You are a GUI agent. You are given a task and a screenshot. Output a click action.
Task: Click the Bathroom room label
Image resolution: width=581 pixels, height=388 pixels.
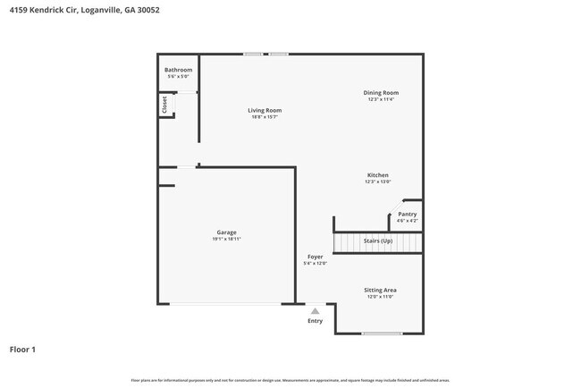click(x=178, y=70)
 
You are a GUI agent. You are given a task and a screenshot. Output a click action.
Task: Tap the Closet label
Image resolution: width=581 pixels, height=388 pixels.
click(x=164, y=105)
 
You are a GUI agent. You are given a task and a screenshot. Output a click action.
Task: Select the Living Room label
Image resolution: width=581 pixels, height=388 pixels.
click(x=265, y=110)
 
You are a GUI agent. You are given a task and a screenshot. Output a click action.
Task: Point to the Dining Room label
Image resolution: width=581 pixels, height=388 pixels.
click(x=381, y=92)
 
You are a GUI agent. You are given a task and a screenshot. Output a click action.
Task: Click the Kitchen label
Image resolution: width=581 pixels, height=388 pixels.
click(x=377, y=175)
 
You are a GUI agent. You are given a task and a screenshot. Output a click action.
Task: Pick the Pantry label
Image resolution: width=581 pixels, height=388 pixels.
click(x=407, y=214)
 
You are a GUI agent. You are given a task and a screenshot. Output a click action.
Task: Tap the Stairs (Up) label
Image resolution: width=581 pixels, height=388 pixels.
click(x=377, y=240)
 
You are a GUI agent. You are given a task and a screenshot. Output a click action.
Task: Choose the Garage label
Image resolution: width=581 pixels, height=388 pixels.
click(x=226, y=232)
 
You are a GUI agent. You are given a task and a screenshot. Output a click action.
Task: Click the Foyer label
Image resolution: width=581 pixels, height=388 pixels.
click(x=316, y=257)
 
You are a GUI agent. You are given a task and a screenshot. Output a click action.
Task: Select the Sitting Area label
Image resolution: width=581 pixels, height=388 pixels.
click(x=380, y=290)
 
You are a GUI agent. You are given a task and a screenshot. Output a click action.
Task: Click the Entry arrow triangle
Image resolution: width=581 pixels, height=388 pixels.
click(x=315, y=311)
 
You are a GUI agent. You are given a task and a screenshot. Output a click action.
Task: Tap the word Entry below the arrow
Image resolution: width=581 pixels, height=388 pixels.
click(x=315, y=321)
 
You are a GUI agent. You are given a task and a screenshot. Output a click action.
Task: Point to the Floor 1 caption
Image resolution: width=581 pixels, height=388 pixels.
click(x=22, y=349)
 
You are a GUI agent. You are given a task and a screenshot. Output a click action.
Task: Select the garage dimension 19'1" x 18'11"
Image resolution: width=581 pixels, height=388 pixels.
click(x=226, y=239)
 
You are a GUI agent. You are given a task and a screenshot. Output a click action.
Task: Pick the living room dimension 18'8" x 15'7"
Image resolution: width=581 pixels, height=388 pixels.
click(x=265, y=117)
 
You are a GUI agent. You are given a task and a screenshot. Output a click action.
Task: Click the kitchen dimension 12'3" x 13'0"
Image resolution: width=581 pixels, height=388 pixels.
click(x=377, y=181)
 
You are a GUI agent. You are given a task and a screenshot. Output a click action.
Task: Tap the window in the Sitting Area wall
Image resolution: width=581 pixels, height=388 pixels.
click(x=382, y=333)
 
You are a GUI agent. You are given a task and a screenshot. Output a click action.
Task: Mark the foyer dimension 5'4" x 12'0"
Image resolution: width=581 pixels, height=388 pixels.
click(x=316, y=263)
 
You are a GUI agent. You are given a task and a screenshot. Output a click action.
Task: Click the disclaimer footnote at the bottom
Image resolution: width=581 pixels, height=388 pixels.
click(x=290, y=380)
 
